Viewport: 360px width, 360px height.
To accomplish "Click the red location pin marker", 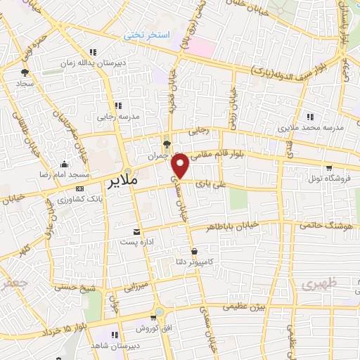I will [181, 167].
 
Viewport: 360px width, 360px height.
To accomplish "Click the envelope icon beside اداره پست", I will [136, 231].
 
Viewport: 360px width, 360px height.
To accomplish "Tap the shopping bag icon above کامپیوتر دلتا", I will [194, 251].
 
